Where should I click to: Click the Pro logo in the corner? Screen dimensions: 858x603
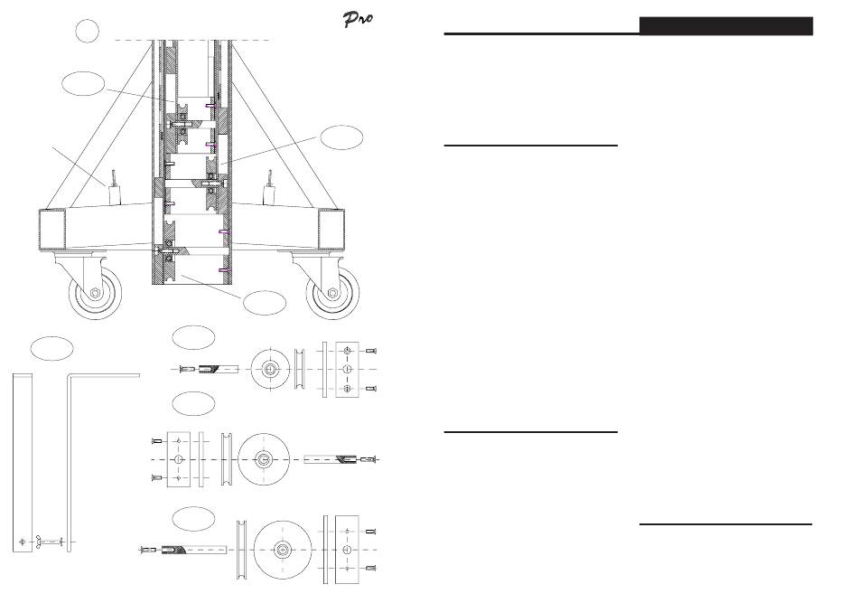point(358,20)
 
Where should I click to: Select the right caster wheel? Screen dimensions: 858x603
point(333,293)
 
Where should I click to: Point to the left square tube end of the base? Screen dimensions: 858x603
point(52,230)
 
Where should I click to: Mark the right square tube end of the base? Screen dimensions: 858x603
point(331,230)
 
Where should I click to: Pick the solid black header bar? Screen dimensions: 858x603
point(725,25)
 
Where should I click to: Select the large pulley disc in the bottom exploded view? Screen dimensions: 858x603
point(283,548)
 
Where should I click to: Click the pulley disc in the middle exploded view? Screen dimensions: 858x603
point(263,459)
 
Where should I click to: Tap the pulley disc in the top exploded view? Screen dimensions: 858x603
point(270,369)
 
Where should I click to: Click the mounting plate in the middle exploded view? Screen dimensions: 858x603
point(179,459)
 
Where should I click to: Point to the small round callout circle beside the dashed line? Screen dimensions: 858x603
point(86,33)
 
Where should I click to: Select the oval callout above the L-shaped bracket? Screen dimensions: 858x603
point(51,347)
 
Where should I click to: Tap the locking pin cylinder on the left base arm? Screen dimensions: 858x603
point(116,193)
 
